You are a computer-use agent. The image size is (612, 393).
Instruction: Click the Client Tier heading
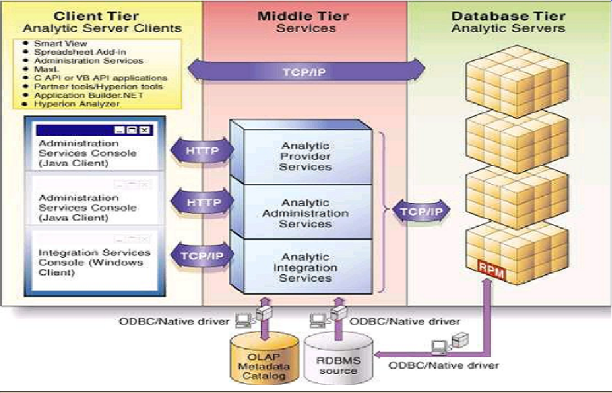102,15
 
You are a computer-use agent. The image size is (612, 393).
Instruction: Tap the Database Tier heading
508,15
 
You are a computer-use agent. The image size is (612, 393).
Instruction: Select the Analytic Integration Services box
306,268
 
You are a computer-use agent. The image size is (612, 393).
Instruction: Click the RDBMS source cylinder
338,361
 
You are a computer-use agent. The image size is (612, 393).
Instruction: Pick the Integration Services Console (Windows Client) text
94,263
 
